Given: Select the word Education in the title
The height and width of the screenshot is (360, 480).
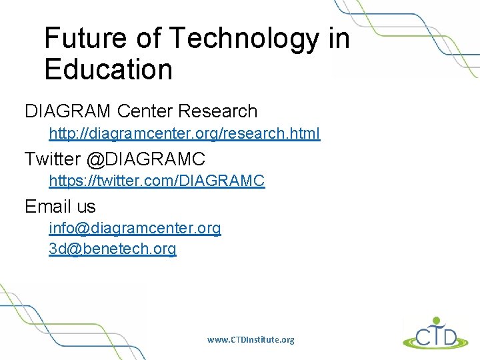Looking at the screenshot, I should pos(108,69).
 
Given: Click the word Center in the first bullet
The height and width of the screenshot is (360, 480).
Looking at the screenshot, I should pos(142,111).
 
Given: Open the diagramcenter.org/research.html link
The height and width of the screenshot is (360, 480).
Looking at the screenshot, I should pos(184,134).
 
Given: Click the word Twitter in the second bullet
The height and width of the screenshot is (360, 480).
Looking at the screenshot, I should pos(52,159).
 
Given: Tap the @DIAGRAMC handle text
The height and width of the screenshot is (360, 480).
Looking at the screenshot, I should pos(145,159).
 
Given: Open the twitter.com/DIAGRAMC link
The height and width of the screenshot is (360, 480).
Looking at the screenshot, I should pos(157,181).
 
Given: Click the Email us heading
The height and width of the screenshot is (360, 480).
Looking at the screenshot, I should pos(60,207).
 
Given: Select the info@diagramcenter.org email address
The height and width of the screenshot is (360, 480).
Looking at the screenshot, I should pos(135,229).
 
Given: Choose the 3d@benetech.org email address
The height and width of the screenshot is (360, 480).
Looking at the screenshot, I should pos(112,249).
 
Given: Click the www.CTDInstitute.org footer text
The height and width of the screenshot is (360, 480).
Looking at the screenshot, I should pos(250,340).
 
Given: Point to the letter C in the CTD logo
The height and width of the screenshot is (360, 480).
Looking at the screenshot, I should pos(420,335).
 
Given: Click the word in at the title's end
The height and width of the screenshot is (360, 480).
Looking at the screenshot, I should pos(339,39).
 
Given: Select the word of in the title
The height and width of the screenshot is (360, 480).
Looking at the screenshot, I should pos(149,39).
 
